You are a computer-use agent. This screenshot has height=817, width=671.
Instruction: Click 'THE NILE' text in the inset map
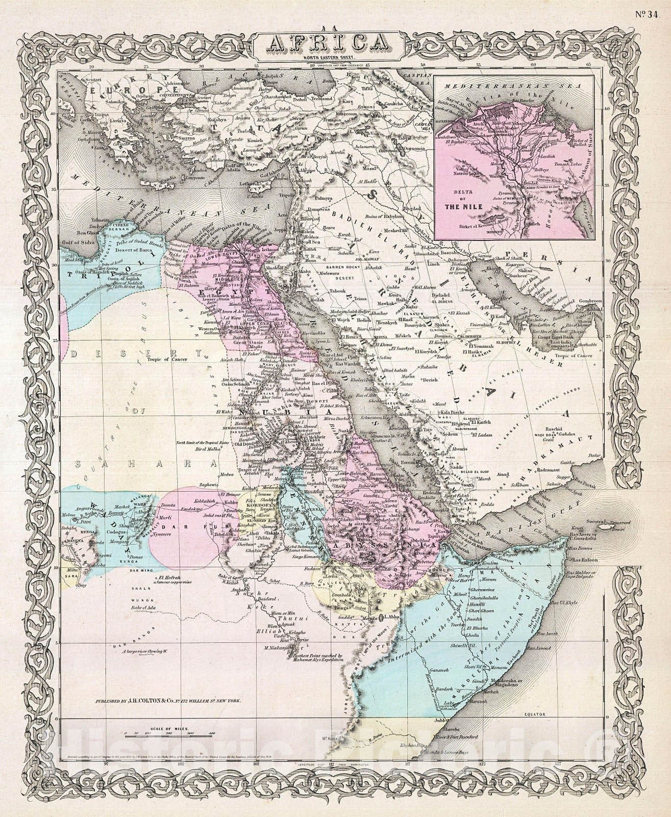[x=462, y=208]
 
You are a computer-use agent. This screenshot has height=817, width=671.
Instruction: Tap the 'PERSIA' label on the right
[x=556, y=266]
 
